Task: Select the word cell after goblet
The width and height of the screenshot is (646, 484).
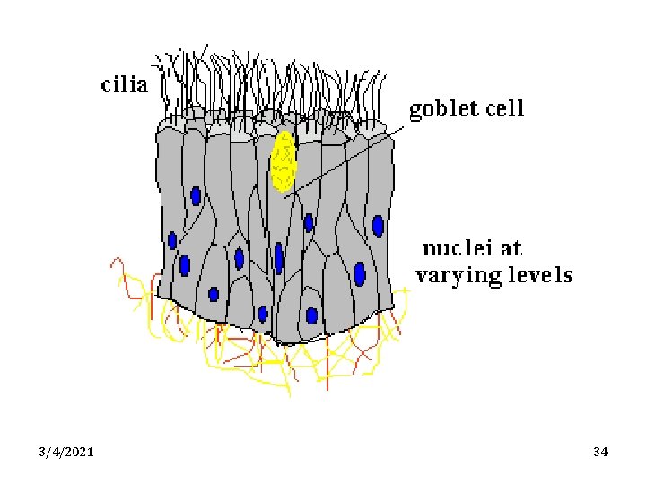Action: click(504, 109)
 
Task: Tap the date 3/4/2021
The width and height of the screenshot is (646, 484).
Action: click(66, 452)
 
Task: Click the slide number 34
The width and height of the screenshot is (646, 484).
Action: click(601, 452)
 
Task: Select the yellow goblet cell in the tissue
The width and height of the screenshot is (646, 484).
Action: click(284, 161)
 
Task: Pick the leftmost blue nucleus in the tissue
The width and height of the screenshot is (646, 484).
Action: click(172, 240)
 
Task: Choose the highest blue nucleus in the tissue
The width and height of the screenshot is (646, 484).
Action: click(196, 195)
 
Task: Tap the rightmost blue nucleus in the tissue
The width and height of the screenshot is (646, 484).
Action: click(379, 225)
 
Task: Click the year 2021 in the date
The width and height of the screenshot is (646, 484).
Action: click(80, 452)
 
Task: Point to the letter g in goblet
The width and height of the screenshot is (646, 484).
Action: click(417, 112)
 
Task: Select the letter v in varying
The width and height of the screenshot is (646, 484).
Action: click(423, 276)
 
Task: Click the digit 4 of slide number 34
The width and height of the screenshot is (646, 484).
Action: click(606, 452)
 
